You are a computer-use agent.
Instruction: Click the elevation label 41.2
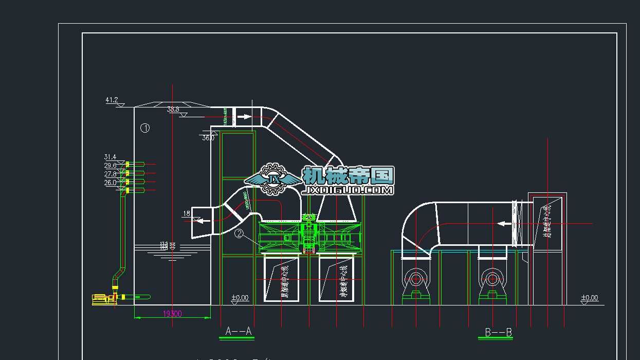pos(112,100)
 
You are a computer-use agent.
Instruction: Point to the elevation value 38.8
pos(173,110)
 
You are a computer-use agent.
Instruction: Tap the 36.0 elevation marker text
pos(208,138)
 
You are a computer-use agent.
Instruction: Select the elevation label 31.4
pos(110,157)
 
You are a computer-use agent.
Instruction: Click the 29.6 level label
pos(110,166)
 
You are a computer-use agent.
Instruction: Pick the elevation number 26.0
pos(110,183)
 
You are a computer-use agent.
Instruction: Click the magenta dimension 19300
pos(172,313)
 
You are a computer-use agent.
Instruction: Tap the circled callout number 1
pos(145,128)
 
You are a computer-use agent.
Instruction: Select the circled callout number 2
pos(239,233)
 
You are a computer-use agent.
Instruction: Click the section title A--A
pos(239,331)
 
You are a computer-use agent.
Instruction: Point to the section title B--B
pos(498,333)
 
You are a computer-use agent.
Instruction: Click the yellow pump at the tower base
pos(103,299)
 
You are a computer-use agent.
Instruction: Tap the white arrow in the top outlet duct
pos(244,117)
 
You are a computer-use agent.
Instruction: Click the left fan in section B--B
pos(415,280)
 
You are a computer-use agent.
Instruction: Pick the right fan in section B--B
pos(492,279)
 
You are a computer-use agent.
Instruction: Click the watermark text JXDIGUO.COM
pos(349,190)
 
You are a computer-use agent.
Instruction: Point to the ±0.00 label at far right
pos(589,298)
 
